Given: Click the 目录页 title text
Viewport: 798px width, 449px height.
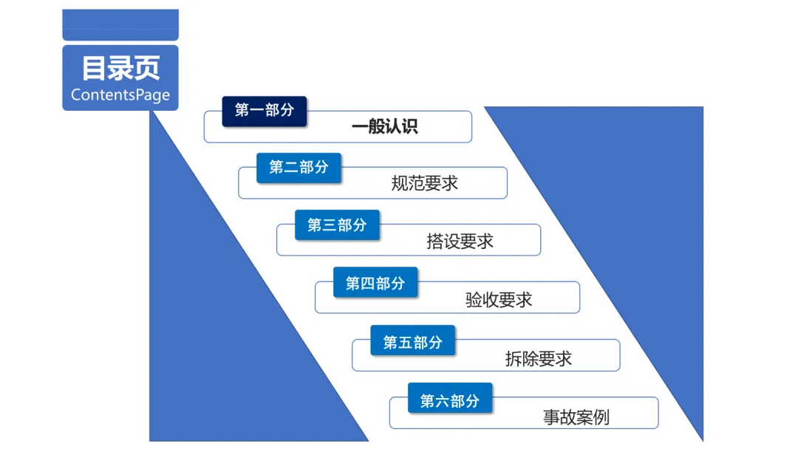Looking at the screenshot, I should tap(120, 69).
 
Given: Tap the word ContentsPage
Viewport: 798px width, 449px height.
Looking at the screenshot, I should tap(120, 95).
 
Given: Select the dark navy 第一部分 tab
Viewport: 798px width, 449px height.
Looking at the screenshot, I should tap(265, 111).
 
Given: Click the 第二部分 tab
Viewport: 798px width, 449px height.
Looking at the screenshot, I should tap(299, 168).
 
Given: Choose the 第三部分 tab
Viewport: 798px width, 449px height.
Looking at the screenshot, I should tap(337, 225).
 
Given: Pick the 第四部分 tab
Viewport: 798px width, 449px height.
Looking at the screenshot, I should tap(375, 283).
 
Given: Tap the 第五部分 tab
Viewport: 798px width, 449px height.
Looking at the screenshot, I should tap(412, 342).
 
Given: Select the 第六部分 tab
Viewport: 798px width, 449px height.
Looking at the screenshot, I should tap(450, 400).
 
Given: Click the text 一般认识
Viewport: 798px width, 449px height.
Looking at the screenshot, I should tap(384, 127).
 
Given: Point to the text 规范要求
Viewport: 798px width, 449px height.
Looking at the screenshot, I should tap(425, 183).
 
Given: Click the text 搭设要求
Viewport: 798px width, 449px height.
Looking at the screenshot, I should tap(460, 241).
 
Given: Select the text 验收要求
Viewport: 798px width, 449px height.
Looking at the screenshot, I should tap(499, 300).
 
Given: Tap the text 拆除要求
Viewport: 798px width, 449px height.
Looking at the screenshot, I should tap(539, 359).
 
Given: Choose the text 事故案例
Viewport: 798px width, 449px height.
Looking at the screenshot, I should tap(576, 417).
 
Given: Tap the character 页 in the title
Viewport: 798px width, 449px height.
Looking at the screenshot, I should tap(147, 69).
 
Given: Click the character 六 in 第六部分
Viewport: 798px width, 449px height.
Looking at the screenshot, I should tap(442, 401).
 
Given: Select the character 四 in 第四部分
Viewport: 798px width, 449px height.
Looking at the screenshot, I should tap(367, 284).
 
